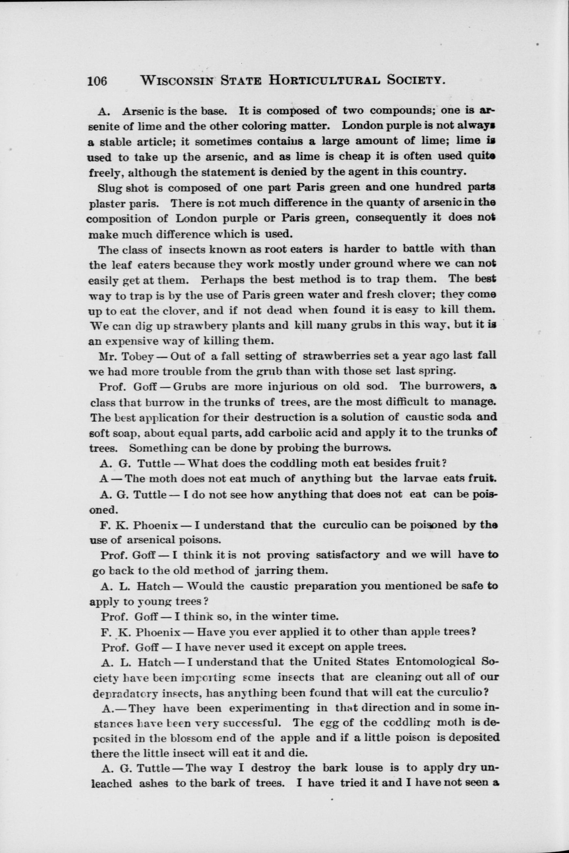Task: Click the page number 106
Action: tap(97, 80)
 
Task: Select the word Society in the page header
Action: tap(415, 80)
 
